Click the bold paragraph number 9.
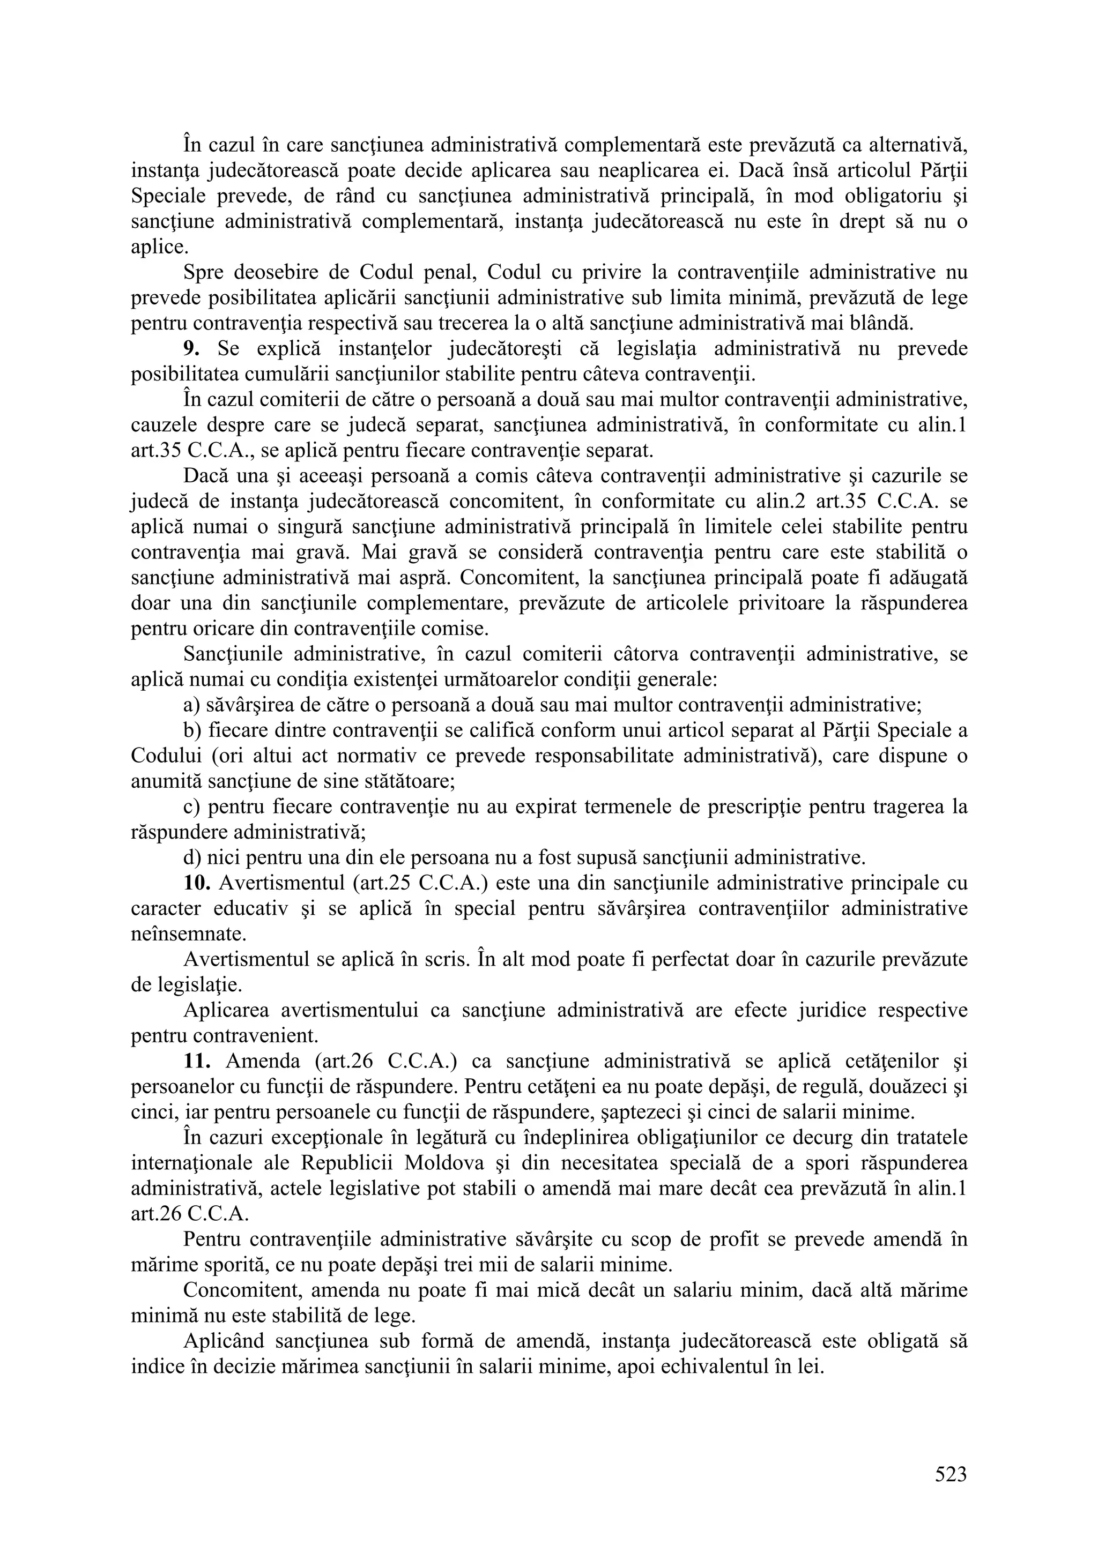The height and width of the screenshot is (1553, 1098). click(x=191, y=349)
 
